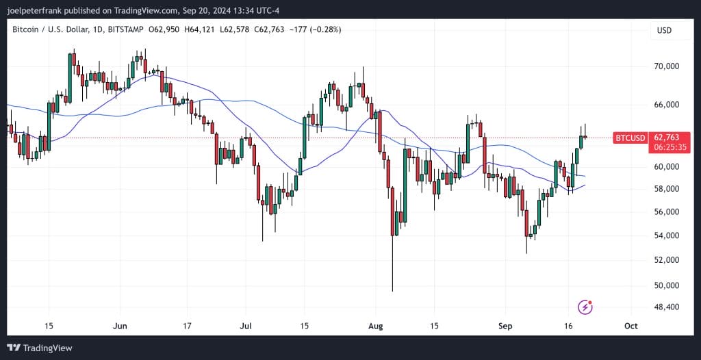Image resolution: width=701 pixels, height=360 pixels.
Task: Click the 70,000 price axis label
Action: tap(666, 66)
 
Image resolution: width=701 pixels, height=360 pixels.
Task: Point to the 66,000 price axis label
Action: tap(666, 105)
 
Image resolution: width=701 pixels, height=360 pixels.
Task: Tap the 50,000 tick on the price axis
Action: tap(666, 285)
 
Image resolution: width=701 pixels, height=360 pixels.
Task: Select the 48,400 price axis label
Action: tap(666, 307)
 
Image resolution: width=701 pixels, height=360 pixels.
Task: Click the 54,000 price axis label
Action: tap(666, 236)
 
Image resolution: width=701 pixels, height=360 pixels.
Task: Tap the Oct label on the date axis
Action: tap(631, 326)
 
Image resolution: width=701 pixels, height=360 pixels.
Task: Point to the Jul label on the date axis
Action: tap(246, 326)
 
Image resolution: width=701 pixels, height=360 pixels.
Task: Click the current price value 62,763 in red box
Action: tap(666, 138)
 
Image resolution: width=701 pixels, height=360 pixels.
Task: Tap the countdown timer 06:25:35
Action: tap(666, 146)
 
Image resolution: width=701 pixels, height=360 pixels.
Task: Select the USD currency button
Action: tap(664, 30)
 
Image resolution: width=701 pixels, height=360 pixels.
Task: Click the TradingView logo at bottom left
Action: tap(40, 348)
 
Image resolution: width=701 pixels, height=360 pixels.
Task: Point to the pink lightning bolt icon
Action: tap(585, 307)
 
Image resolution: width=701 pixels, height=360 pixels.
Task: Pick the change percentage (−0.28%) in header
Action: tap(321, 29)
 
